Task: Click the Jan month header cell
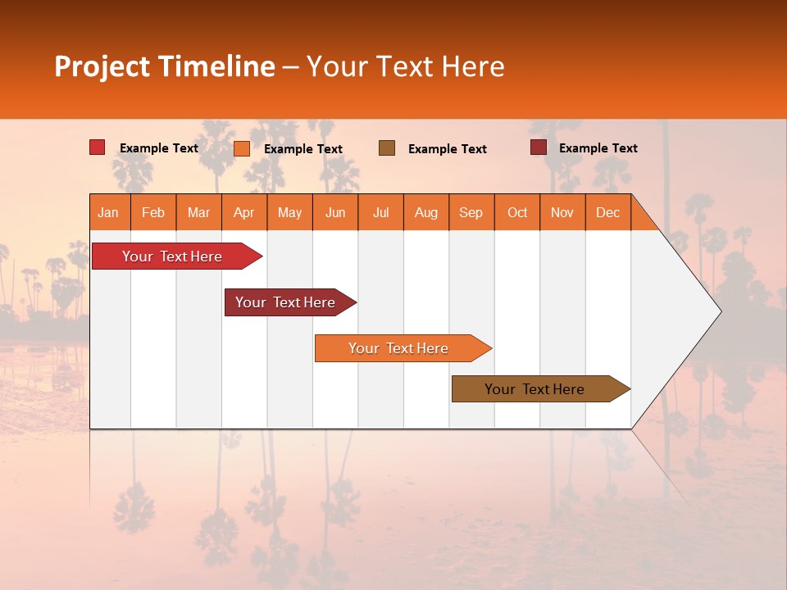(x=109, y=212)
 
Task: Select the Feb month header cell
(x=153, y=212)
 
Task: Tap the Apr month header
(x=244, y=212)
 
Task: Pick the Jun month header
(x=335, y=212)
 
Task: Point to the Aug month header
(x=426, y=212)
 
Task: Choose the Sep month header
(x=471, y=212)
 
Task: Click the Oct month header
(x=517, y=212)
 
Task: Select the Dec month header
(x=608, y=212)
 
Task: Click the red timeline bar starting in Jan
(x=173, y=256)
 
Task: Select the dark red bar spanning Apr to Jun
(x=286, y=302)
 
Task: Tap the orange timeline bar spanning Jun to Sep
(x=399, y=348)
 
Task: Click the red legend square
(x=98, y=147)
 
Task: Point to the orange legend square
(x=242, y=148)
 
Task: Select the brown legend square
(x=387, y=147)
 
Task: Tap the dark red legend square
(x=539, y=147)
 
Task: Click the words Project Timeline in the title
(x=165, y=66)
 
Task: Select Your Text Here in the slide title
(x=405, y=66)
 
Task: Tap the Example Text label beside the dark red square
(x=598, y=147)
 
